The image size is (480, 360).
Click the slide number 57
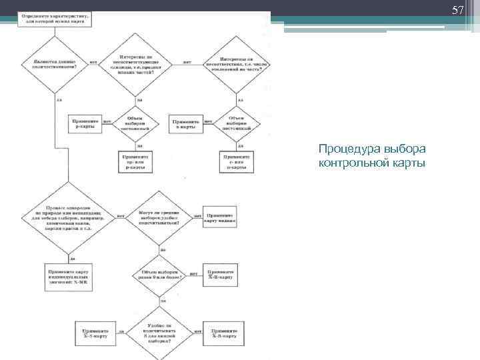click(457, 11)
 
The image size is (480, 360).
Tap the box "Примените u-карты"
click(186, 125)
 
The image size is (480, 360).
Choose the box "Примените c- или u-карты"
click(236, 160)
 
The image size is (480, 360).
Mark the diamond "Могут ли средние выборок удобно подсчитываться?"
click(159, 216)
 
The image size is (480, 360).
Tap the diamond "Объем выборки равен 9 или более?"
click(159, 274)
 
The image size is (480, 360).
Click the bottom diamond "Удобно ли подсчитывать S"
click(159, 331)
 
